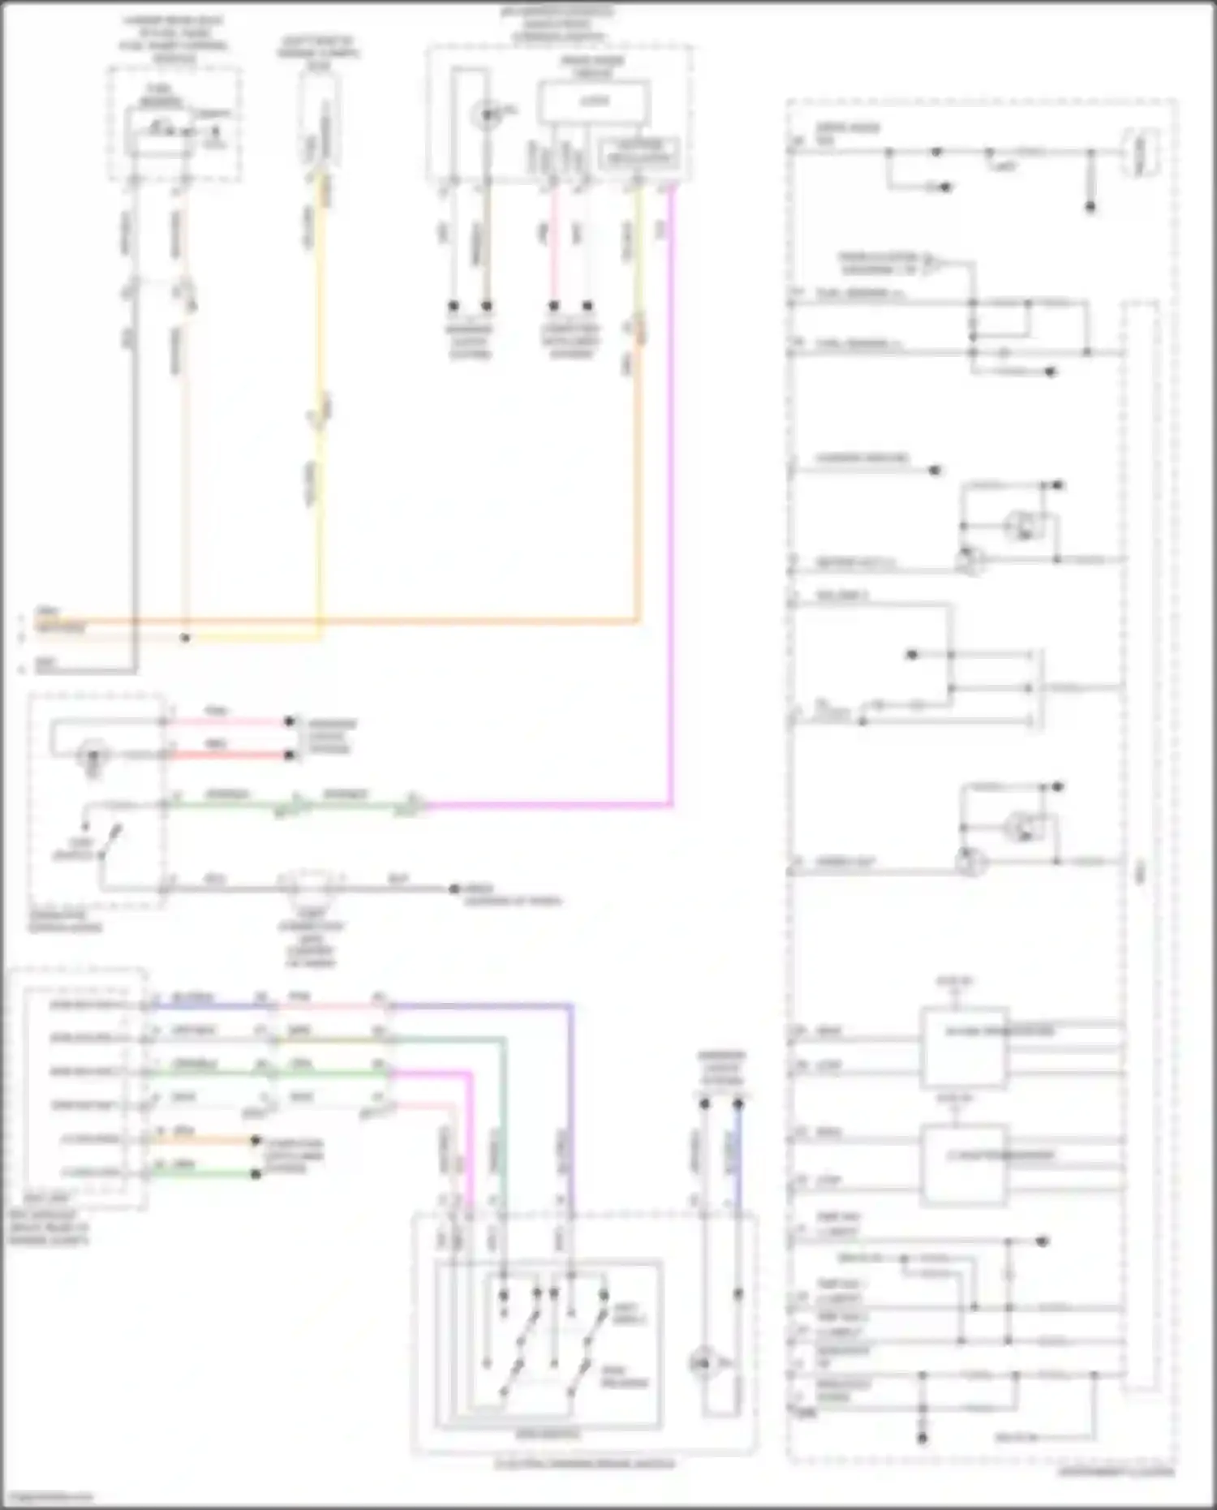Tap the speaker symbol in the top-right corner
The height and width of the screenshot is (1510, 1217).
1140,153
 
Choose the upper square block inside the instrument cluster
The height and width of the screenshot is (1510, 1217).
964,1047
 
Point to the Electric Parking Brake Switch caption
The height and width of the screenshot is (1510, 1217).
585,1464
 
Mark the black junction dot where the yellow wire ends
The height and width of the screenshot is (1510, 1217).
186,638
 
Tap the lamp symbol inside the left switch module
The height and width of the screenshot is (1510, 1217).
92,757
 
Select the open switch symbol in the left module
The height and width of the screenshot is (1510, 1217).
110,840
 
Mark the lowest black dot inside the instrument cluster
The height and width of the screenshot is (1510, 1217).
922,1439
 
